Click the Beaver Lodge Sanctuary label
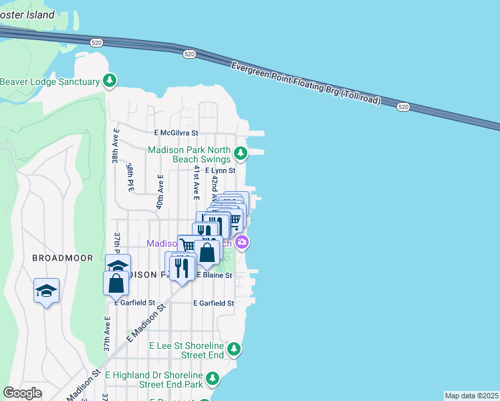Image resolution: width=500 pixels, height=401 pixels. [x=49, y=82]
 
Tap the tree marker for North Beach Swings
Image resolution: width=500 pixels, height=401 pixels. [x=241, y=154]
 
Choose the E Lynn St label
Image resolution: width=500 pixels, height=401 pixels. [x=221, y=171]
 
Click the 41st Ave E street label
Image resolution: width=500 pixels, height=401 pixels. [x=196, y=183]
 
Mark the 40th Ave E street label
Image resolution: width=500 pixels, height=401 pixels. [x=160, y=192]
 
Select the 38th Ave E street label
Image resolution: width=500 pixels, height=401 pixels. [x=116, y=146]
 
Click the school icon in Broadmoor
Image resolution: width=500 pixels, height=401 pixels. [x=46, y=291]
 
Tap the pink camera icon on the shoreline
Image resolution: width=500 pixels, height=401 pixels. [x=242, y=243]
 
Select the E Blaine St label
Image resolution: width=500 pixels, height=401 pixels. [x=213, y=275]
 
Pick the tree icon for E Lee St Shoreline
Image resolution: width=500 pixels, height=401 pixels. [x=234, y=348]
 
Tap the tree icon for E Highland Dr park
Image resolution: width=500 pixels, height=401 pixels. [x=213, y=379]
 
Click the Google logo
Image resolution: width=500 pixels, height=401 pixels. [x=22, y=393]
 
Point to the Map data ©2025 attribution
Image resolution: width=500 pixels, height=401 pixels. [x=471, y=396]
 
